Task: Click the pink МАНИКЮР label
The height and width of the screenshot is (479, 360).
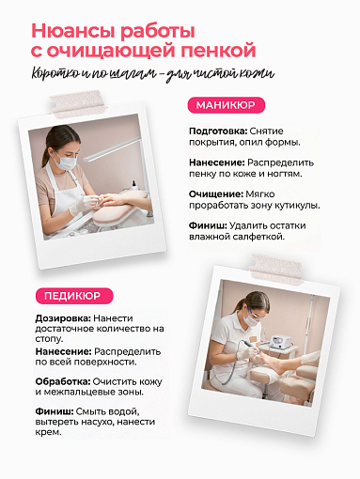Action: click(x=226, y=104)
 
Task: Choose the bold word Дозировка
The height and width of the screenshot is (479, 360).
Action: click(x=51, y=318)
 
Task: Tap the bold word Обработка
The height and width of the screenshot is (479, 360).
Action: click(x=53, y=380)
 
